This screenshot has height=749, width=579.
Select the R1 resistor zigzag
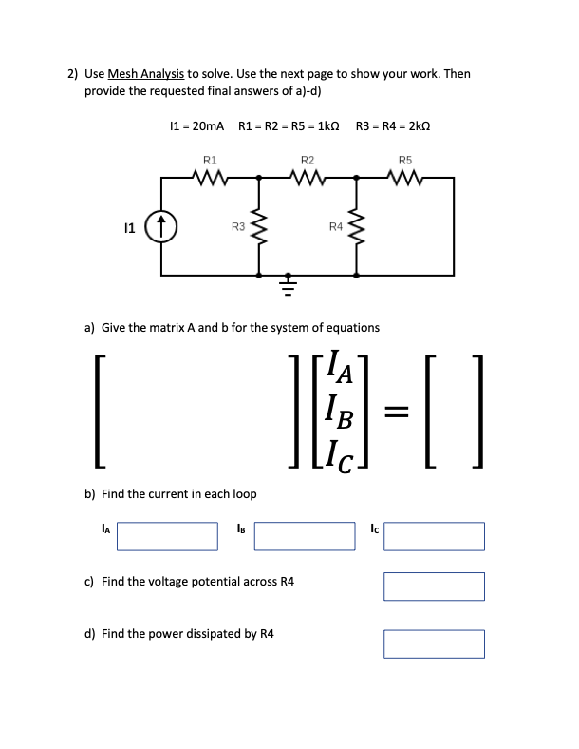coord(210,176)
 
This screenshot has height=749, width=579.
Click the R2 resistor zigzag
coord(308,176)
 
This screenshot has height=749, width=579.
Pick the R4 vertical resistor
coord(357,225)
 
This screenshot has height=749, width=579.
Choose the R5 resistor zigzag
coord(406,176)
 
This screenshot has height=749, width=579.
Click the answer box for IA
coord(168,535)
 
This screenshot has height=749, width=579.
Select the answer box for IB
coord(304,535)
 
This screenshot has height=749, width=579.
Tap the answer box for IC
coord(434,535)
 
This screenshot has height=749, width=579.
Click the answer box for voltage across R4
coord(434,586)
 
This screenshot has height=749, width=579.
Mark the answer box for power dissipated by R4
coord(434,643)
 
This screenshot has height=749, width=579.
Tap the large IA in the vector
coord(338,366)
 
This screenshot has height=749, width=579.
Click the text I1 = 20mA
coord(195,125)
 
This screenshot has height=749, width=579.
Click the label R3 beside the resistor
coord(238,225)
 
